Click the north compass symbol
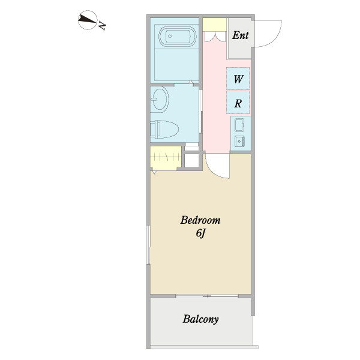coord(88,20)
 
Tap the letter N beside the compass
coord(102,25)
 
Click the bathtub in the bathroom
coord(178,37)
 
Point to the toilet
coord(164,129)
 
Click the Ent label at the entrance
coord(241,35)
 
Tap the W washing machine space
coord(238,79)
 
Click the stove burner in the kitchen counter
coord(239,125)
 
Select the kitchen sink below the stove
coord(239,142)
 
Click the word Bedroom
coord(200,220)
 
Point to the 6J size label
coord(200,233)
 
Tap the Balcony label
coord(200,319)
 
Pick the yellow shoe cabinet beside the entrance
coord(214,25)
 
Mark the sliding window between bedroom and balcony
coord(207,296)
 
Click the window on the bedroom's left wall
coord(148,245)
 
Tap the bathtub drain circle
coord(170,36)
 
